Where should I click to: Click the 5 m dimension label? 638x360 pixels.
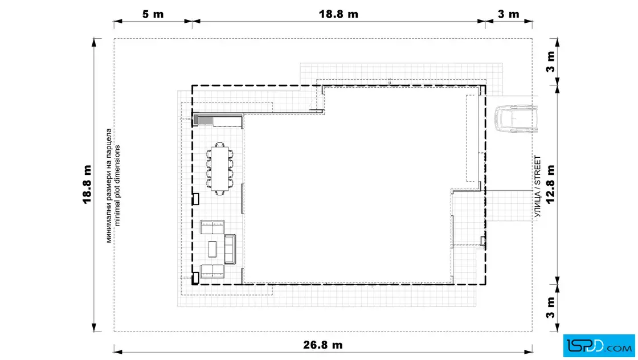[153, 14]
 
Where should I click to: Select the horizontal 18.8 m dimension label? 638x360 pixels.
[338, 14]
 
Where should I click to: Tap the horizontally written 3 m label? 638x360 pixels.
[508, 14]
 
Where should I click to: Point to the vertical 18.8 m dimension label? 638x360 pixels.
[87, 184]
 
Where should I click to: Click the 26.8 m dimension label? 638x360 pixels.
[322, 345]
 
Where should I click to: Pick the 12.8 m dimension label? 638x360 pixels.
[550, 184]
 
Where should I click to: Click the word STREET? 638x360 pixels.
[538, 170]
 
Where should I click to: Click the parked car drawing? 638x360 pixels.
[516, 119]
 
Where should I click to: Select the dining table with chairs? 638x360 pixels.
[220, 169]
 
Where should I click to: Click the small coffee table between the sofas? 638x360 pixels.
[212, 249]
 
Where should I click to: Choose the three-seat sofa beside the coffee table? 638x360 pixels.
[230, 249]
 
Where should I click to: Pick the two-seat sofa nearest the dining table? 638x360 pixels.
[212, 227]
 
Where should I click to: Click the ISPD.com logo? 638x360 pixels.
[599, 346]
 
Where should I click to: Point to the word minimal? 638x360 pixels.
[117, 214]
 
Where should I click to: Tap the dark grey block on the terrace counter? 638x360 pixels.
[196, 120]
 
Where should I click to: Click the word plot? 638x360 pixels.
[117, 194]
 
